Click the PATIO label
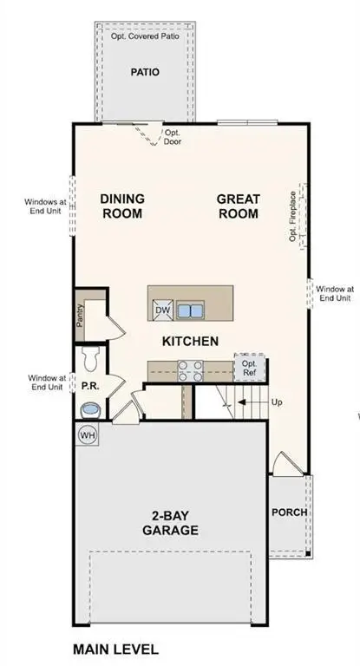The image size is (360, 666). pyautogui.click(x=145, y=72)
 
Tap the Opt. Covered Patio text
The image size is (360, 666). pyautogui.click(x=146, y=38)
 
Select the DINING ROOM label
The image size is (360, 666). pyautogui.click(x=121, y=206)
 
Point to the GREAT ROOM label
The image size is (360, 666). pyautogui.click(x=238, y=206)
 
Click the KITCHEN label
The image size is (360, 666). pyautogui.click(x=190, y=341)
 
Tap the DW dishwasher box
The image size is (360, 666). pyautogui.click(x=162, y=310)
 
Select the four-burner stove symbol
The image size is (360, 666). pyautogui.click(x=190, y=370)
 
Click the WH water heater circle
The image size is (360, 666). pyautogui.click(x=88, y=434)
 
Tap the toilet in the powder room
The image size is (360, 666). pyautogui.click(x=89, y=356)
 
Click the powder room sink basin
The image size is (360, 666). pyautogui.click(x=89, y=408)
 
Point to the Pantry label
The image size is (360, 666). pyautogui.click(x=79, y=317)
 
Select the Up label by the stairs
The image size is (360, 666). pyautogui.click(x=278, y=403)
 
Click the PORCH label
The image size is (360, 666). pyautogui.click(x=290, y=512)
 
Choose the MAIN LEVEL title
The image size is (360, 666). pyautogui.click(x=115, y=649)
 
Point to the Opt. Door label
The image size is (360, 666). pyautogui.click(x=173, y=137)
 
